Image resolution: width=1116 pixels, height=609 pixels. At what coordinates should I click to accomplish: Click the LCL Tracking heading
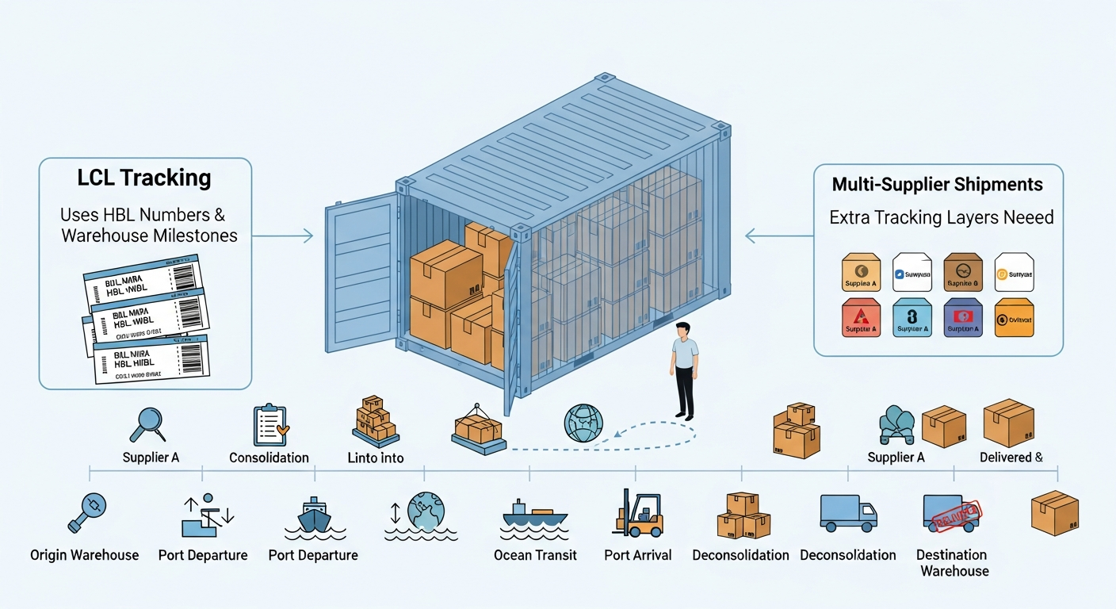point(144,178)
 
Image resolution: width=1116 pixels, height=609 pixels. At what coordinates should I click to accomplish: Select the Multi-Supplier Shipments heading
point(938,185)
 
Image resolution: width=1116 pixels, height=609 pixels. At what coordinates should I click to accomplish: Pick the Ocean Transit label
point(535,555)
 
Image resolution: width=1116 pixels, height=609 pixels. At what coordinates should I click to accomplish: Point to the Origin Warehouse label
point(84,555)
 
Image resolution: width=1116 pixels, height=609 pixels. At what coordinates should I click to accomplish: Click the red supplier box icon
point(861,317)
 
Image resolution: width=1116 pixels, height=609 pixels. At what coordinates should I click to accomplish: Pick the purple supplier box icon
point(964,317)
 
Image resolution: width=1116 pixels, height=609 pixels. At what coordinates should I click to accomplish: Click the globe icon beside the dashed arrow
point(583,423)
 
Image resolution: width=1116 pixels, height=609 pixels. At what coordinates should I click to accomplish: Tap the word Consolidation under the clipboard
point(269,458)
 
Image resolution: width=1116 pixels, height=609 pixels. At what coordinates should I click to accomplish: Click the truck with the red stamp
point(950,513)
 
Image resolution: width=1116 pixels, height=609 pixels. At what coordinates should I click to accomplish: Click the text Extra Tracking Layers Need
point(942,217)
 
